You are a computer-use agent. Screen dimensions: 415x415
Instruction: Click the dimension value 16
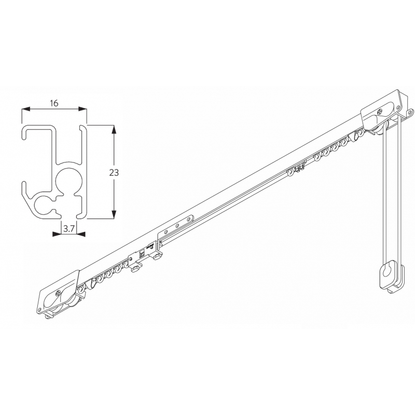(x=54, y=103)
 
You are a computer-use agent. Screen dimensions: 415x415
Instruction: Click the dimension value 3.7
(x=69, y=227)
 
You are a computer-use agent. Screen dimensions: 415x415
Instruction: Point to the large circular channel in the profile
(x=68, y=179)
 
